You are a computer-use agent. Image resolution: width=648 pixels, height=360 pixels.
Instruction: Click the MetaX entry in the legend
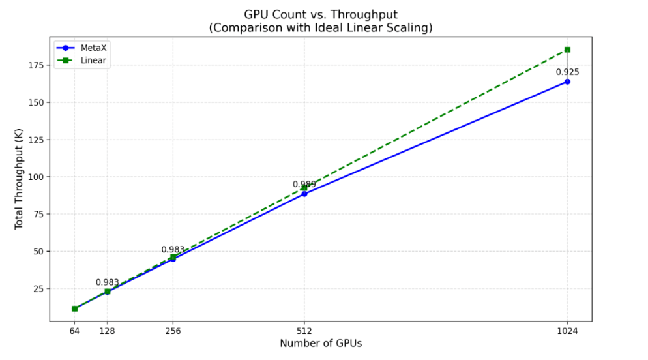[91, 48]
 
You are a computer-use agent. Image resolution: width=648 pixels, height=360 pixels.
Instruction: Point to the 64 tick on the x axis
[74, 331]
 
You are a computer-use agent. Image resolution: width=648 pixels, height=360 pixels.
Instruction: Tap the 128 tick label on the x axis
[108, 331]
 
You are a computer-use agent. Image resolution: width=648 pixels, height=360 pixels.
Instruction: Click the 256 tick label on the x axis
[173, 331]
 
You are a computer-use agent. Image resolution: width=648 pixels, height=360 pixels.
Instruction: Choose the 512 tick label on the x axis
[304, 331]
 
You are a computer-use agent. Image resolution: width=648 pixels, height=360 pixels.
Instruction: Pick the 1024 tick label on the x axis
[567, 331]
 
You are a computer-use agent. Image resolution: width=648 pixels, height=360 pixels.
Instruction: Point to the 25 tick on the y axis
[38, 288]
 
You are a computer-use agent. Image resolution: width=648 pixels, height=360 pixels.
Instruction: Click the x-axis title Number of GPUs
[320, 344]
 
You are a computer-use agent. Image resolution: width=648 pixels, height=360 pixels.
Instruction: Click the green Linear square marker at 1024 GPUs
[567, 50]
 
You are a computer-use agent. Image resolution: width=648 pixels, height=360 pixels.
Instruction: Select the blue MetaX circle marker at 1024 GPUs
[567, 82]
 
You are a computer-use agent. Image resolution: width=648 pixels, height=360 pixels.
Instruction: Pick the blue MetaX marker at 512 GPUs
[304, 194]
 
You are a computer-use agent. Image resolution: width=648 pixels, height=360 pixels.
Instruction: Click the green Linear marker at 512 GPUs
[304, 188]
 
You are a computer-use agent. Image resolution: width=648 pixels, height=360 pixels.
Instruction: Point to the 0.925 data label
[567, 72]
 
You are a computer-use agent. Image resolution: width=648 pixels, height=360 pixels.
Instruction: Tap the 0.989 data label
[304, 185]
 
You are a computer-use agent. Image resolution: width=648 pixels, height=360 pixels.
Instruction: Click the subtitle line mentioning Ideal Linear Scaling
[320, 28]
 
